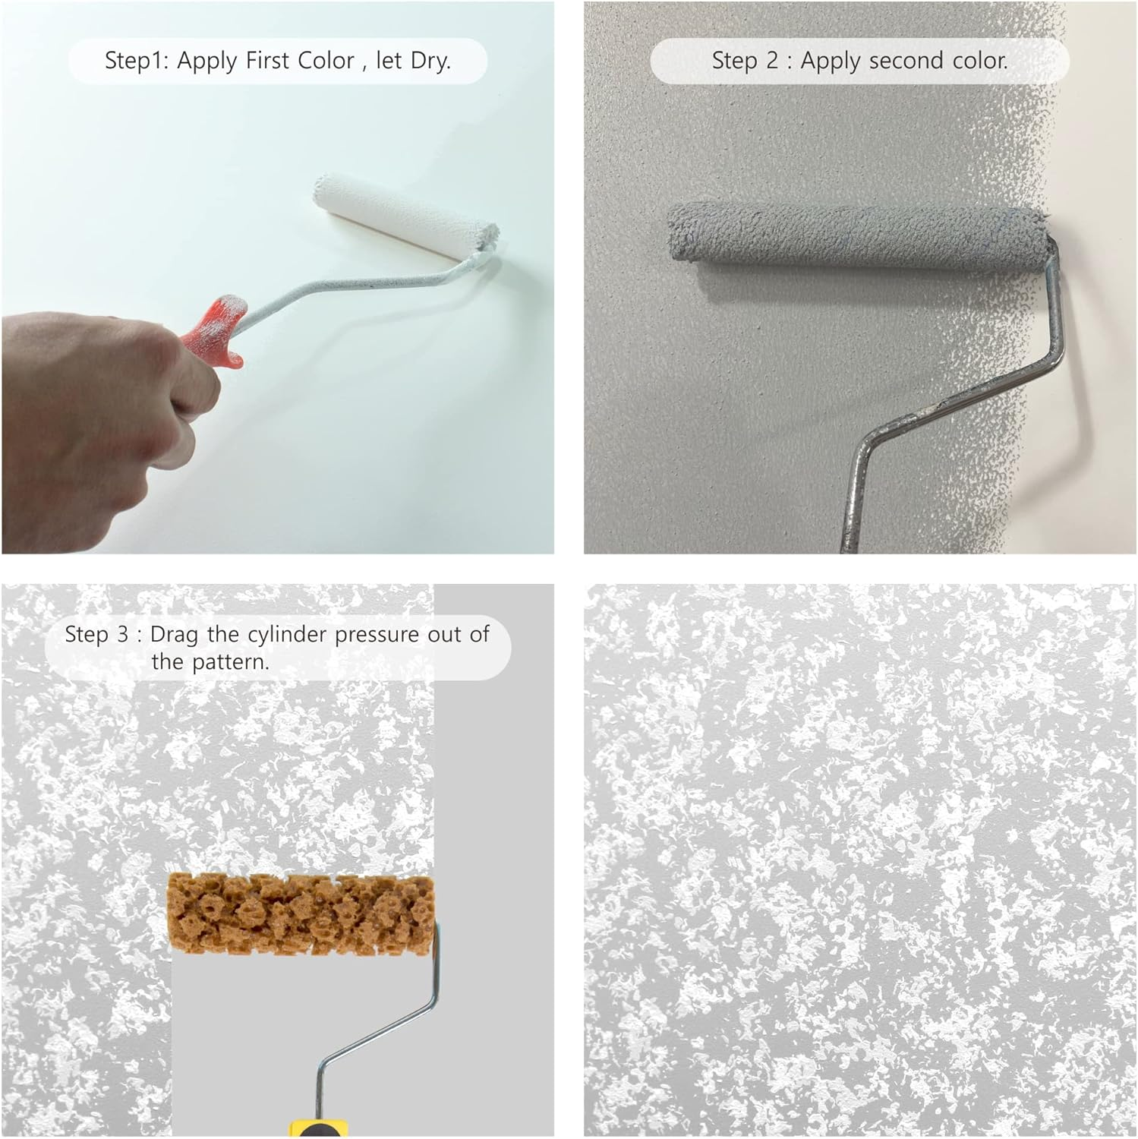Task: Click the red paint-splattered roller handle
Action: tap(216, 330)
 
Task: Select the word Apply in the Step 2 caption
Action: tap(832, 61)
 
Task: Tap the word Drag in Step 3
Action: tap(175, 634)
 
